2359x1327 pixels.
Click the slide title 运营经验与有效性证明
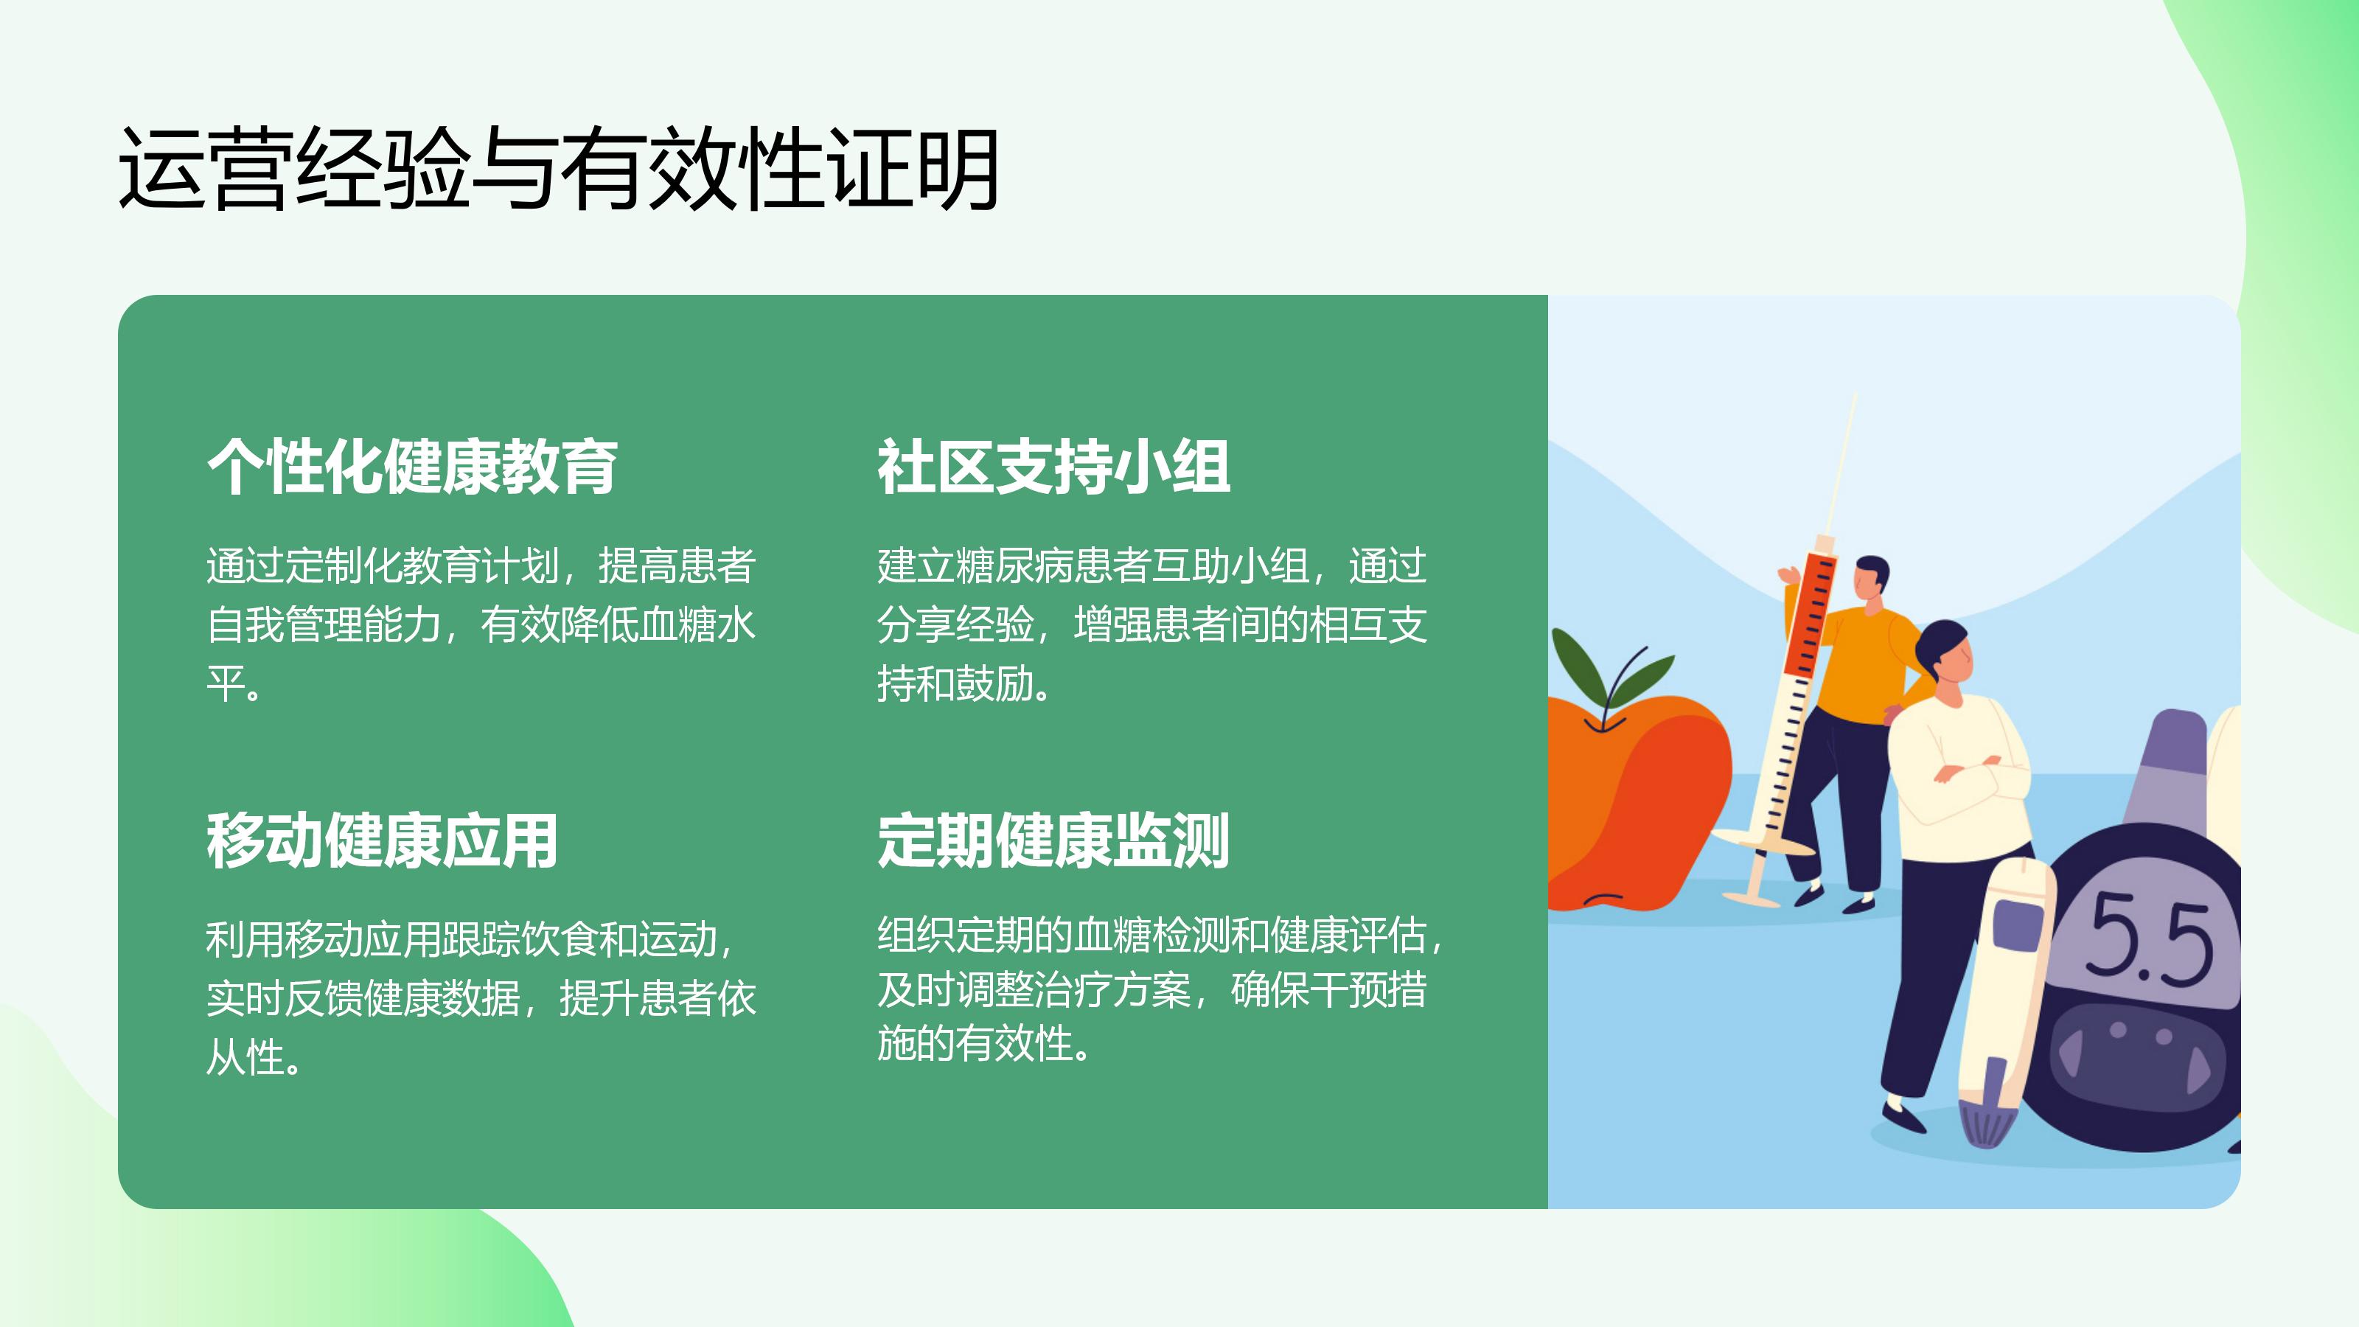tap(558, 169)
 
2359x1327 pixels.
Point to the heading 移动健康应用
tap(382, 840)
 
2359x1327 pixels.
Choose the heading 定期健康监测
tap(1053, 840)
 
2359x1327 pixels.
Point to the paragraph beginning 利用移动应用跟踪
tap(481, 998)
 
